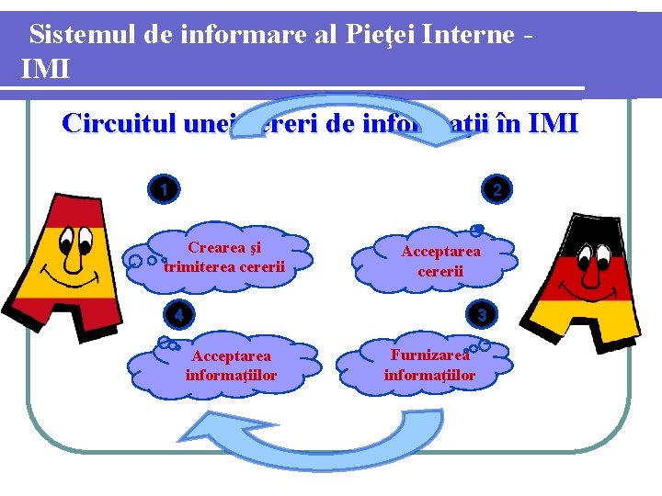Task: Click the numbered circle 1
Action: pyautogui.click(x=163, y=190)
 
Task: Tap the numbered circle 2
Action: pyautogui.click(x=497, y=190)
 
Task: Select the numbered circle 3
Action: pyautogui.click(x=481, y=314)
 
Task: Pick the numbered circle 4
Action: pyautogui.click(x=178, y=314)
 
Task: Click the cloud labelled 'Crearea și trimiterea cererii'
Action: pyautogui.click(x=223, y=257)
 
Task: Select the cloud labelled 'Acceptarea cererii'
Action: pyautogui.click(x=440, y=261)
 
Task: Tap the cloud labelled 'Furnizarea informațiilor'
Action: pyautogui.click(x=429, y=365)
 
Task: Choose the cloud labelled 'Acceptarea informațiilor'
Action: pyautogui.click(x=230, y=366)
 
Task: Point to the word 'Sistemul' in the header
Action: pyautogui.click(x=83, y=35)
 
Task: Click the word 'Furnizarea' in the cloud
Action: pyautogui.click(x=429, y=355)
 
